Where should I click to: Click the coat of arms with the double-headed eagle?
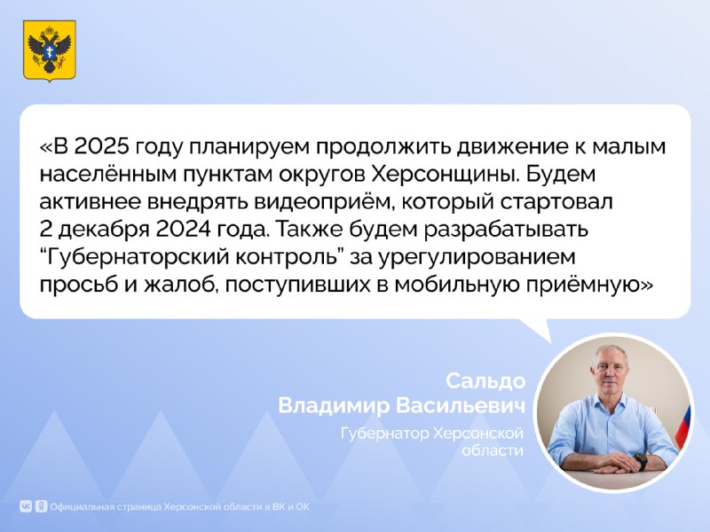click(x=50, y=51)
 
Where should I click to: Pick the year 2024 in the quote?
click(x=184, y=230)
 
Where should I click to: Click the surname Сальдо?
click(x=485, y=381)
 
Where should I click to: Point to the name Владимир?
click(x=334, y=405)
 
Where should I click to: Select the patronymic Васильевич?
click(x=461, y=405)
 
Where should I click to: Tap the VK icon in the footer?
click(x=26, y=506)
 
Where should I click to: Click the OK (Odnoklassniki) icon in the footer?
click(x=41, y=506)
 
